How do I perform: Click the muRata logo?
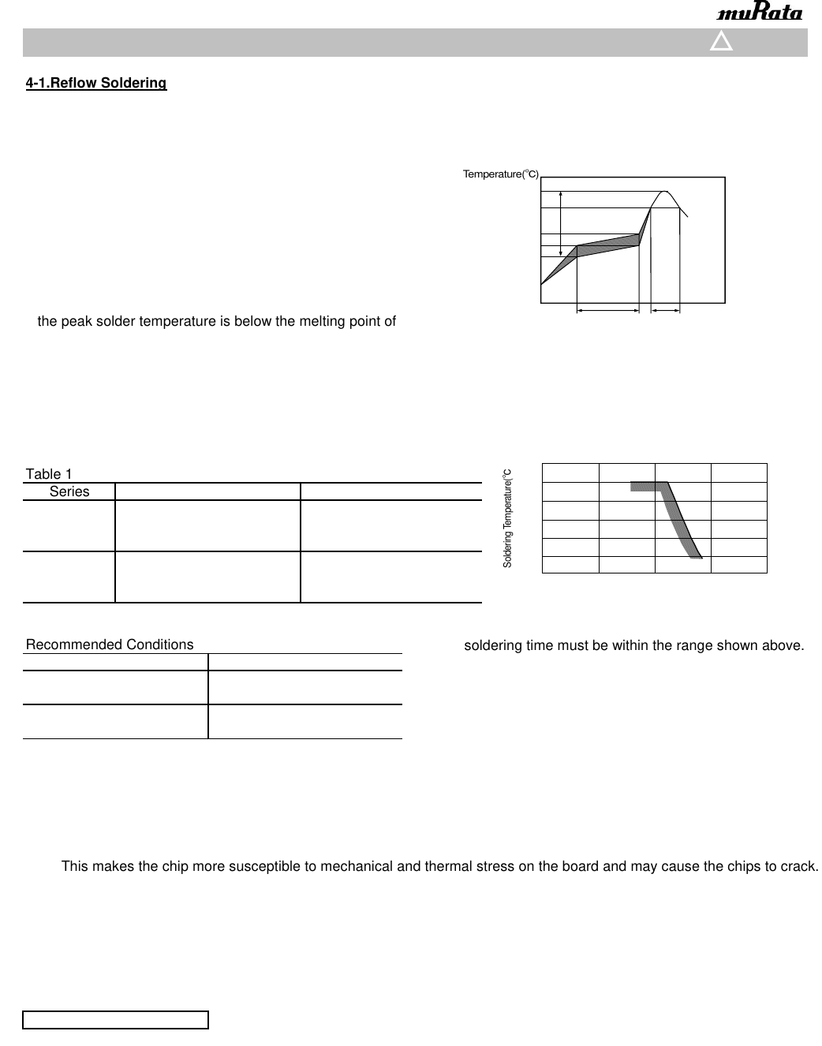pos(760,13)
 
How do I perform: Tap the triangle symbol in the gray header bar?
pos(721,42)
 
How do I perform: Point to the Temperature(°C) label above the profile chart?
pos(500,174)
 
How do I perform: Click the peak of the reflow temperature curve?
pos(664,192)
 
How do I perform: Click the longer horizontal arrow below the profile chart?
pos(608,312)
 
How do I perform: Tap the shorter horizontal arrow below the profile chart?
pos(665,312)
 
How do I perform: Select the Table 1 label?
pos(49,474)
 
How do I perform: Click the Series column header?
pos(69,491)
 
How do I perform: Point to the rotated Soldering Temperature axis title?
pos(508,517)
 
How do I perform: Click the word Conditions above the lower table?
pos(156,644)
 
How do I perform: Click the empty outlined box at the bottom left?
pos(115,1020)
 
